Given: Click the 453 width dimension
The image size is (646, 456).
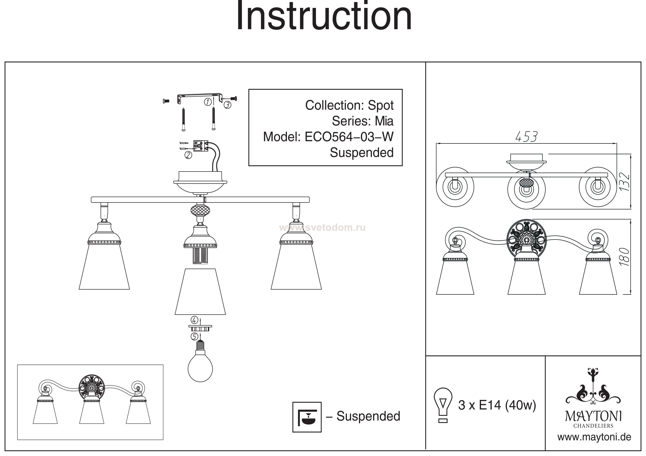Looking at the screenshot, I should [526, 137].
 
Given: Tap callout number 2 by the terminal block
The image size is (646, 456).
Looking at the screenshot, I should [188, 155].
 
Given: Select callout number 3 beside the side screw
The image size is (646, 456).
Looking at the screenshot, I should [227, 105].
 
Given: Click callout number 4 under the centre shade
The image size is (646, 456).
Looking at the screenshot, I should [194, 320].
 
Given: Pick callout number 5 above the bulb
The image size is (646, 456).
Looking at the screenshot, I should [194, 336].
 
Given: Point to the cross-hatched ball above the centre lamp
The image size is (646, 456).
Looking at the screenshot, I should [200, 210].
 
